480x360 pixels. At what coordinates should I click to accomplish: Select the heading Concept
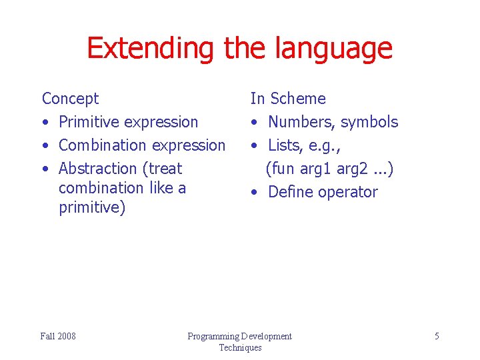[x=70, y=99]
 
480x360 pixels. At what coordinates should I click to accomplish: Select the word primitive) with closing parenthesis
[x=92, y=208]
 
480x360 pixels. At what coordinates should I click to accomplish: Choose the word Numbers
[x=301, y=122]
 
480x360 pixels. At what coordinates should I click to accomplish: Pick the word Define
[x=289, y=192]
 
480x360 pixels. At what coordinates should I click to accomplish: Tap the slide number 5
[x=437, y=336]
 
